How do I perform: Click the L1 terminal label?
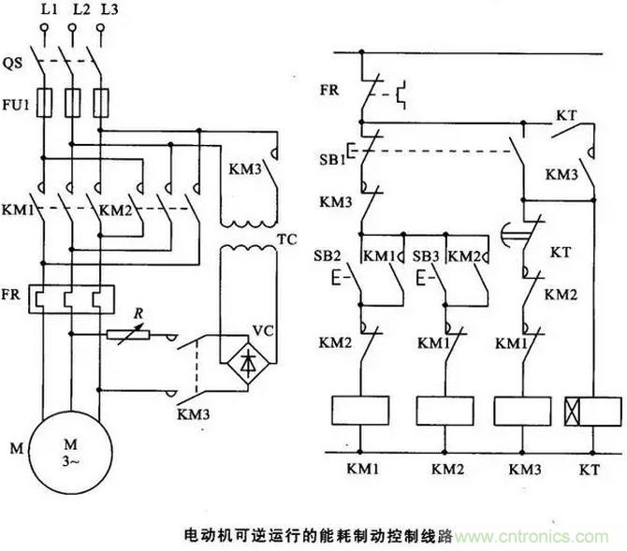pyautogui.click(x=42, y=11)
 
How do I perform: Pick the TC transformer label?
pyautogui.click(x=286, y=239)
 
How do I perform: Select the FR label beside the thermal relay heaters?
pyautogui.click(x=16, y=281)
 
